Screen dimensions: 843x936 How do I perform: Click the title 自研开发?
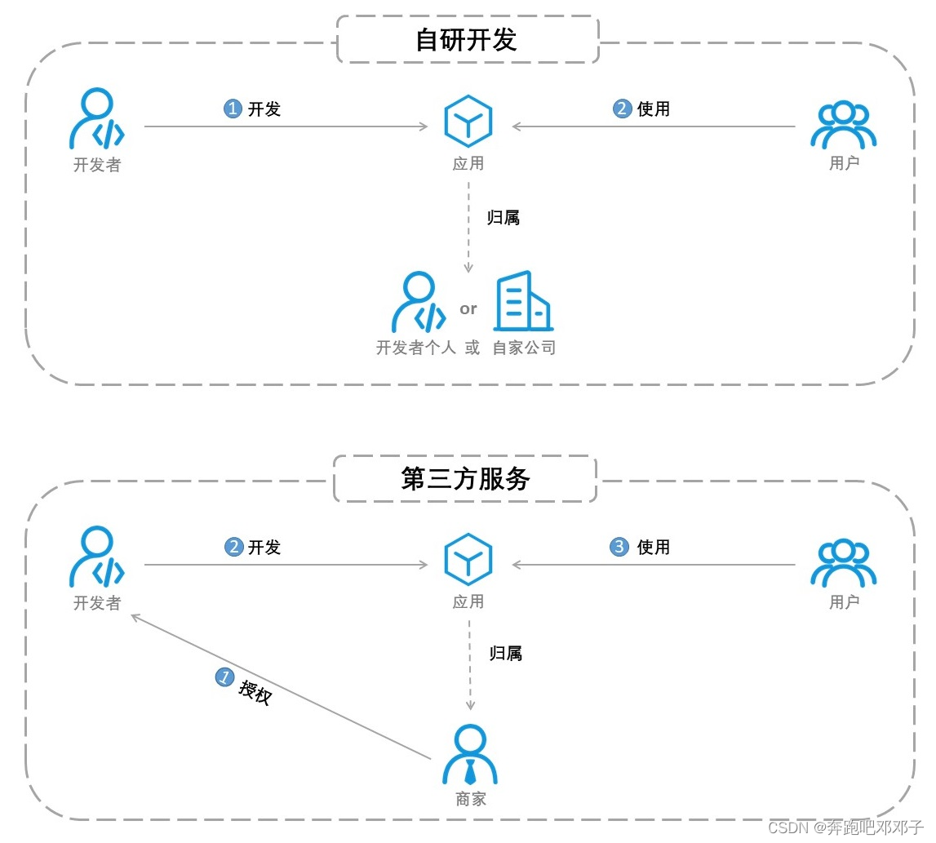point(467,39)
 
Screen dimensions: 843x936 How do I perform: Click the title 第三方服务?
point(466,478)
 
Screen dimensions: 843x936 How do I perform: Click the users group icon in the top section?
point(843,124)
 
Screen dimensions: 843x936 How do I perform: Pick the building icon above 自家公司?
point(522,302)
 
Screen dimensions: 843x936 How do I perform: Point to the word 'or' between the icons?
point(468,309)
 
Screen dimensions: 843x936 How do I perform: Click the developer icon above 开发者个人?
point(419,303)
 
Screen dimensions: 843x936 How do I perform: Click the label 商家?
point(471,799)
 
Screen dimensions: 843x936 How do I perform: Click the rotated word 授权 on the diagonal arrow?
point(255,693)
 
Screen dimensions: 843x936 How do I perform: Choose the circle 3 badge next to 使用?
point(619,547)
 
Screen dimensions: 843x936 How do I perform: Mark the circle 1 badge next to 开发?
point(233,109)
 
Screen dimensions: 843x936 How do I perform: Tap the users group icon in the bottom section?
point(843,563)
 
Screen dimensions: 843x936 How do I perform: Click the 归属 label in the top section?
point(503,218)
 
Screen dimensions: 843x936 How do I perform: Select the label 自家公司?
point(524,348)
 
